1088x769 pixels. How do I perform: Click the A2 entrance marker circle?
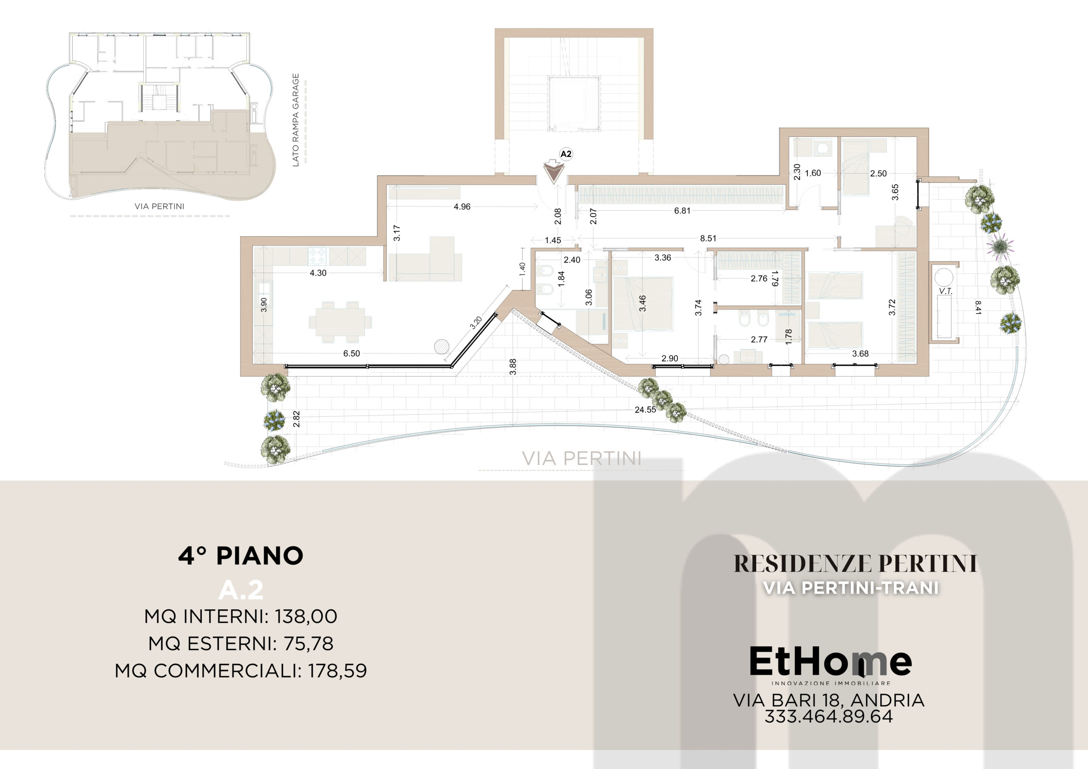coord(566,154)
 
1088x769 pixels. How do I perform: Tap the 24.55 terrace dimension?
coord(646,410)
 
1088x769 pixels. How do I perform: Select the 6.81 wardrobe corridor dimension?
coord(683,211)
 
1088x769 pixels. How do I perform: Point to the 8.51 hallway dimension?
coord(708,238)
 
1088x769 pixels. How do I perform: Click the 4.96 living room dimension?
coord(462,206)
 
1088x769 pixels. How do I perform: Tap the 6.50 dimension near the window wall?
coord(351,353)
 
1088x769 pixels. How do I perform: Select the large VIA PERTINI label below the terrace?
coord(582,458)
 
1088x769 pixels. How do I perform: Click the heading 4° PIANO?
coord(241,556)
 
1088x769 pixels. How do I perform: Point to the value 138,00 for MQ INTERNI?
coord(306,616)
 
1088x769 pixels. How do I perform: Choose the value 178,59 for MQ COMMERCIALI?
coord(337,670)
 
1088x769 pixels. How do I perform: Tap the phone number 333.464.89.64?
coord(829,716)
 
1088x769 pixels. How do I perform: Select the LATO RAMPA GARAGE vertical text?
coord(296,120)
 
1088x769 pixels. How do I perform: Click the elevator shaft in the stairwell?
coord(574,103)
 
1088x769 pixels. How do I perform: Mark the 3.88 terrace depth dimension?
coord(513,367)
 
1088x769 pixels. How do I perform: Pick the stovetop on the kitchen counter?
coord(317,256)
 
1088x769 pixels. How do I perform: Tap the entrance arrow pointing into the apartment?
coord(553,172)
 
